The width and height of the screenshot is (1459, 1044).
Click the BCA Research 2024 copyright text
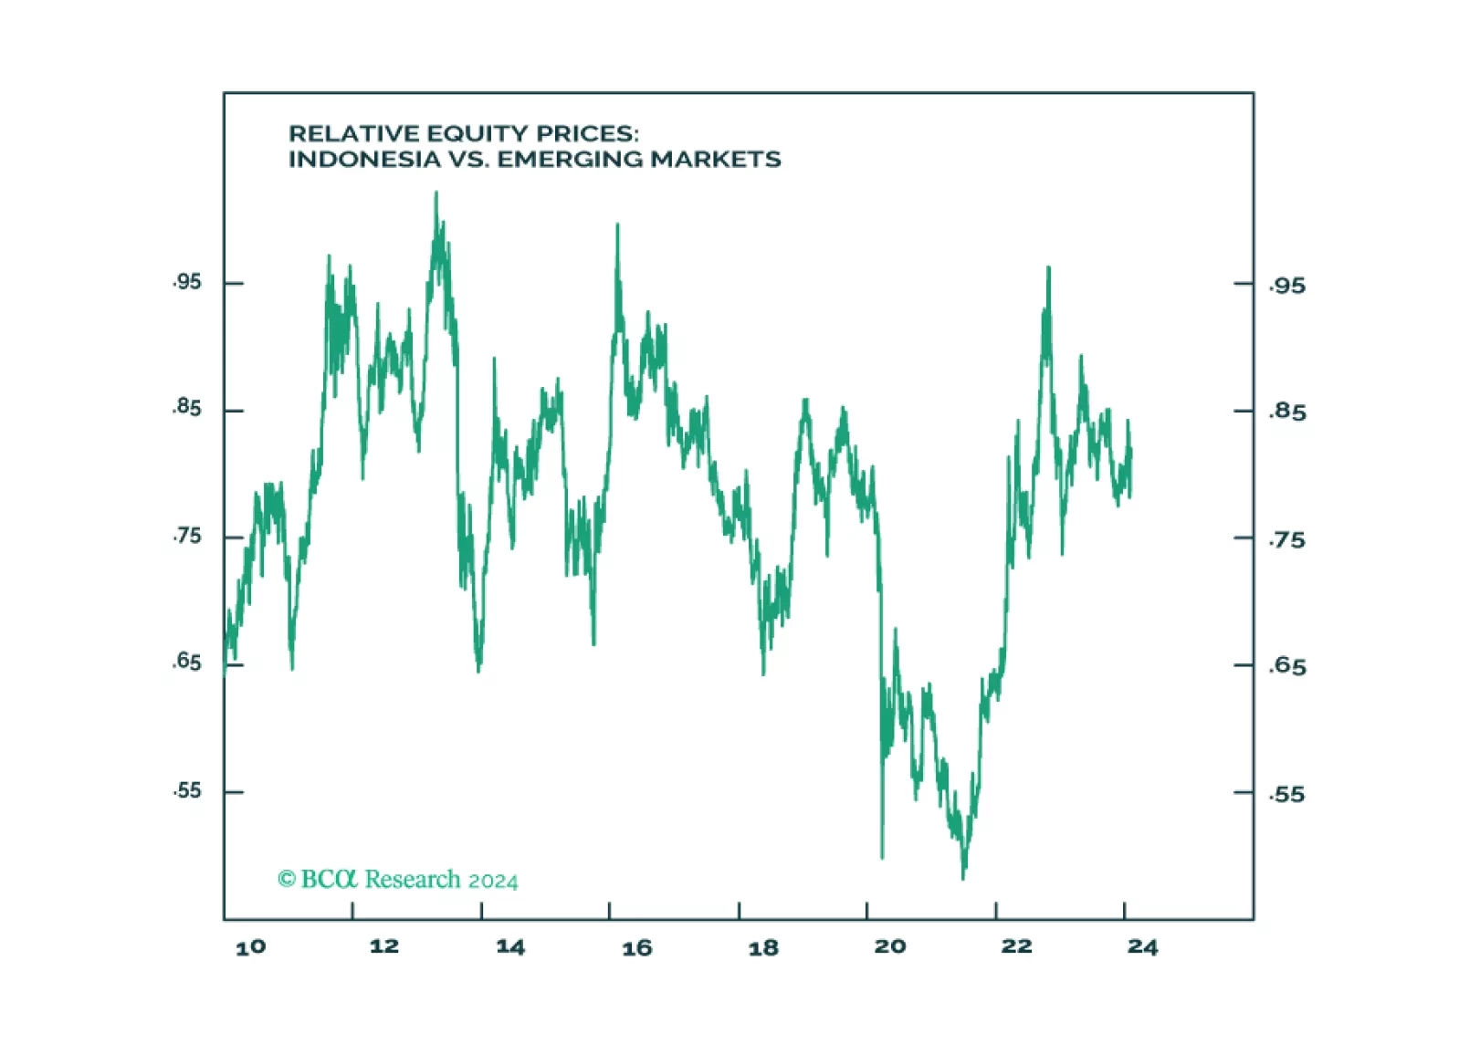click(397, 880)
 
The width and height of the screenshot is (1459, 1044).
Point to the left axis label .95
click(186, 282)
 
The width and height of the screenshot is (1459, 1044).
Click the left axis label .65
click(186, 662)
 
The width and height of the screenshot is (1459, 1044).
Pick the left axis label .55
click(186, 790)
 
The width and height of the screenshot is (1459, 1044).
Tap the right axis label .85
click(1287, 412)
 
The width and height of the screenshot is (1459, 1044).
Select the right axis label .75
click(1287, 540)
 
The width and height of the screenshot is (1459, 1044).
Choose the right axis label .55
click(1287, 794)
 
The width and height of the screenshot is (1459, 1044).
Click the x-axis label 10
click(250, 947)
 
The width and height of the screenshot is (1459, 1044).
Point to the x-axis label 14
click(510, 946)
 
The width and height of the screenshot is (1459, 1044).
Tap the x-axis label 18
click(763, 947)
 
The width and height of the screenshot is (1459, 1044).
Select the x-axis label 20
click(890, 946)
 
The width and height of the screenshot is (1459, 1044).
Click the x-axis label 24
click(1142, 946)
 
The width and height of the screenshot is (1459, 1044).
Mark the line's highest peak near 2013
click(436, 193)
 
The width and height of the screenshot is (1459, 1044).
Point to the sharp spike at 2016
click(617, 224)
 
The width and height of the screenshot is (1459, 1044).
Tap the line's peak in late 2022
click(1048, 268)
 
